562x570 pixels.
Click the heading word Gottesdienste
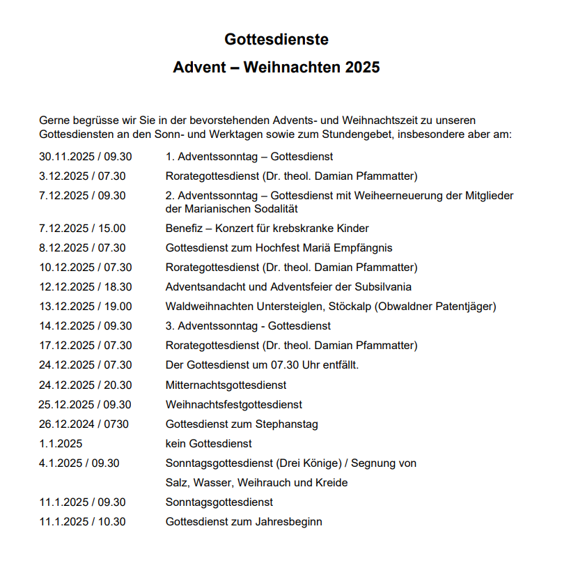276,40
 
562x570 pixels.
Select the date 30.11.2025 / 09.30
85,157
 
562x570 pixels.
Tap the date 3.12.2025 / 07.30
82,176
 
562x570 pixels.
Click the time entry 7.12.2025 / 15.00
82,229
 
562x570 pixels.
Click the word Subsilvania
382,287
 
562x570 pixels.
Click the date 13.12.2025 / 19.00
85,307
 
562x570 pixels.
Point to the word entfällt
338,365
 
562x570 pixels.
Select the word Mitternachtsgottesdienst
226,385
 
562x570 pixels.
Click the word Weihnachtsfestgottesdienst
234,404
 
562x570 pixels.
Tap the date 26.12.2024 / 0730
84,424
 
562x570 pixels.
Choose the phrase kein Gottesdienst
208,443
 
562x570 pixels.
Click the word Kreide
332,482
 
